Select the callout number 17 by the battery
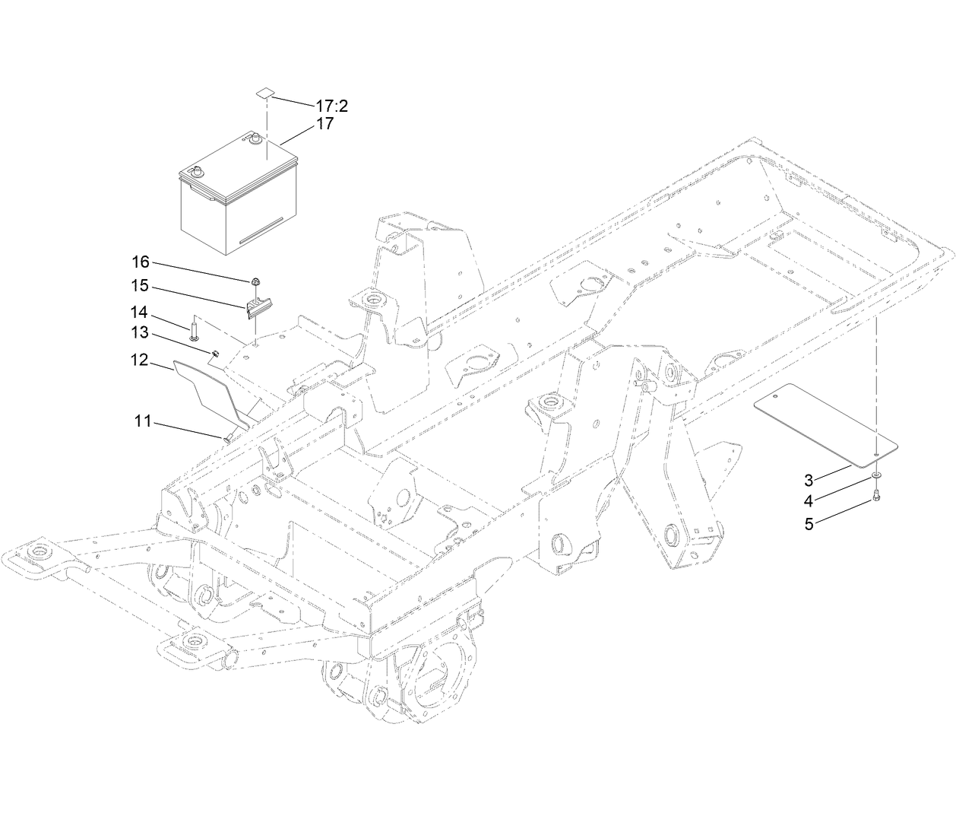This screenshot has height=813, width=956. pyautogui.click(x=324, y=124)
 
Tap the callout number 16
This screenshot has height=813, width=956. pyautogui.click(x=141, y=262)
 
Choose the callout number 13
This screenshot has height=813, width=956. pyautogui.click(x=141, y=333)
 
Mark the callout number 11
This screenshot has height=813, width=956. pyautogui.click(x=144, y=421)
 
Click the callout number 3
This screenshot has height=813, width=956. pyautogui.click(x=809, y=480)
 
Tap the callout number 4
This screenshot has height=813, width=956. pyautogui.click(x=809, y=501)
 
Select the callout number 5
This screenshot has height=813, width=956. pyautogui.click(x=809, y=523)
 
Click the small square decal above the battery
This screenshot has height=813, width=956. pyautogui.click(x=264, y=92)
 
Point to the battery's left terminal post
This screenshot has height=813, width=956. pyautogui.click(x=198, y=171)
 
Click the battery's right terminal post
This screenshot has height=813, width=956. pyautogui.click(x=255, y=138)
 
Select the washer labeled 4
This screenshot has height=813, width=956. pyautogui.click(x=876, y=475)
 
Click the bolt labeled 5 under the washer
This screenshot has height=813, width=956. pyautogui.click(x=876, y=498)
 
